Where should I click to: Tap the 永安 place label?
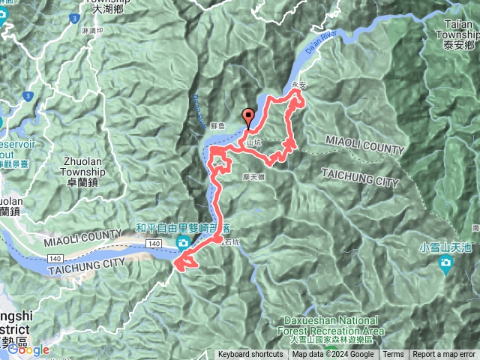coord(298,85)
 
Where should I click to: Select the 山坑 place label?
coord(253,140)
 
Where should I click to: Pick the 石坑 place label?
coord(230,242)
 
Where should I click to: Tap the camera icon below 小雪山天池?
coord(446,263)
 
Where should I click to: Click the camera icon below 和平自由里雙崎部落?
coord(183,242)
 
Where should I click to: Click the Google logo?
coord(29,349)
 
